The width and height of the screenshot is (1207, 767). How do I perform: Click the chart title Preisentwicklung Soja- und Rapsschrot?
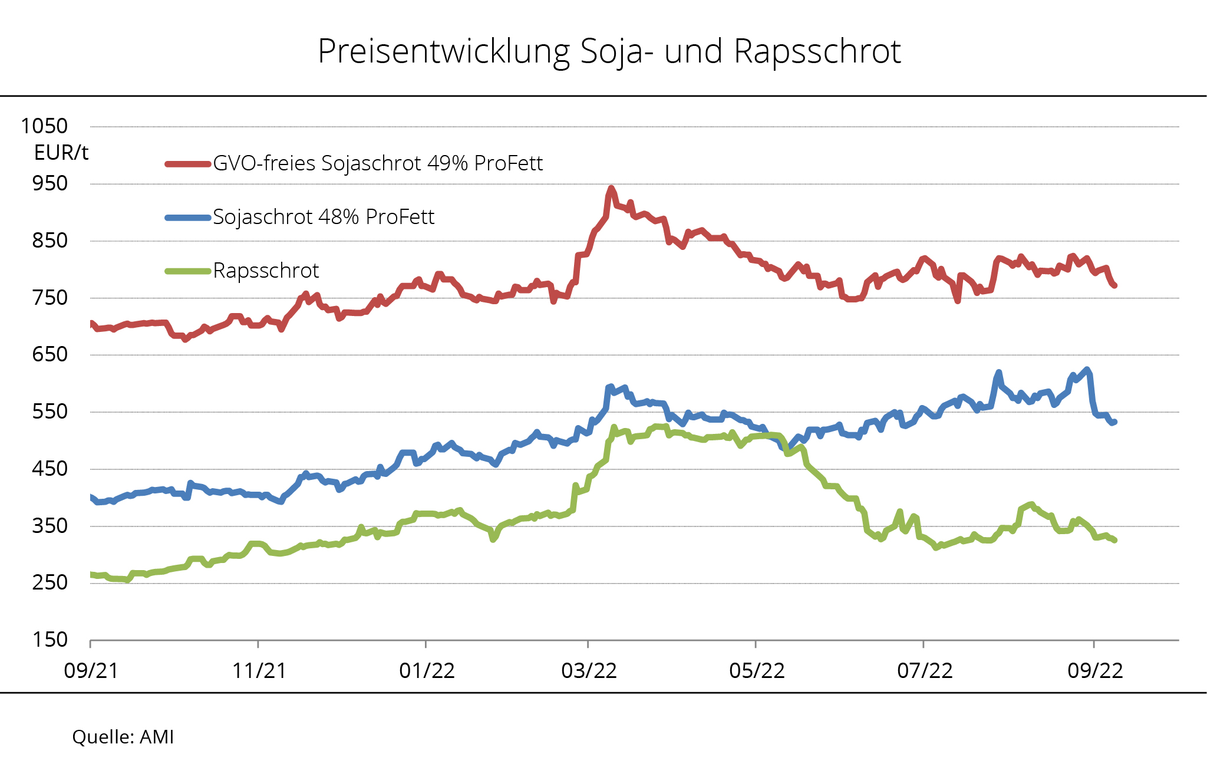(x=609, y=51)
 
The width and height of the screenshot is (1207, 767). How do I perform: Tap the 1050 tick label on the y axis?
(x=44, y=126)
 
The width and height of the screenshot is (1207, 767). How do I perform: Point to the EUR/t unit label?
(x=61, y=153)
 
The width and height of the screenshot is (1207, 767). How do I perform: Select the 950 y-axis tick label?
(x=50, y=183)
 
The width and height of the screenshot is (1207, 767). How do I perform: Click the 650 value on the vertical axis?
(x=50, y=354)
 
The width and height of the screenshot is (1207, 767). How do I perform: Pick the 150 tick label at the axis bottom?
(x=50, y=640)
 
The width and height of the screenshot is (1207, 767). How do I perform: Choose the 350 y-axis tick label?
(x=50, y=525)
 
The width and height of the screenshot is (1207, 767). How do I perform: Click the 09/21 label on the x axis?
(x=91, y=671)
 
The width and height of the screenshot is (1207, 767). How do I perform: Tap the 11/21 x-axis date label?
(x=259, y=671)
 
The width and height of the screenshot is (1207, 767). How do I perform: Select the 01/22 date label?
(x=427, y=671)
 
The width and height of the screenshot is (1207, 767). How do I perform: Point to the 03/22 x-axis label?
(x=589, y=671)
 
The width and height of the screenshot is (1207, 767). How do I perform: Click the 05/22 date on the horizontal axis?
(x=757, y=671)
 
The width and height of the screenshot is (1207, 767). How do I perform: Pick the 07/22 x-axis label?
(x=925, y=671)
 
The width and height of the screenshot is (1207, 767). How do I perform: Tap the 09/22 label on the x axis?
(x=1095, y=671)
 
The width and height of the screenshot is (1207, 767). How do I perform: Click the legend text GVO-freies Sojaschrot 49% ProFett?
(x=377, y=163)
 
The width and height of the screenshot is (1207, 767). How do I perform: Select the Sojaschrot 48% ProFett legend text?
(x=323, y=217)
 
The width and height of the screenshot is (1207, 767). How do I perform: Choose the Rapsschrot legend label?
(x=266, y=271)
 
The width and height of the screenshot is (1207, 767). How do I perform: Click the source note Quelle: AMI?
(x=123, y=737)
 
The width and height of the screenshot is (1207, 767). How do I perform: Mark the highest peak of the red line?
(x=611, y=189)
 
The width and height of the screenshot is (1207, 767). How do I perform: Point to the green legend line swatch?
(x=187, y=271)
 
